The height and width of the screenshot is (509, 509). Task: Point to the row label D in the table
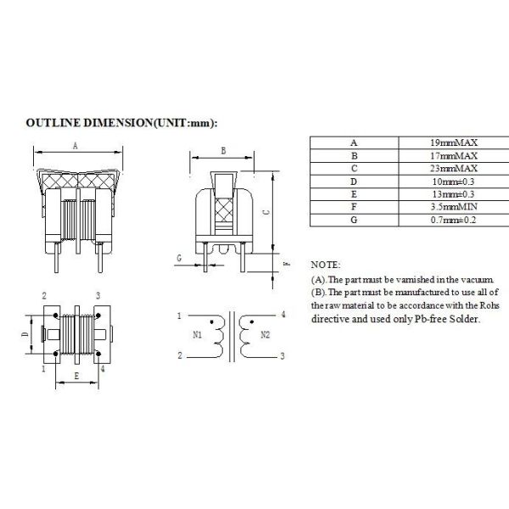[354, 181]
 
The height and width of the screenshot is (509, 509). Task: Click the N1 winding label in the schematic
[197, 335]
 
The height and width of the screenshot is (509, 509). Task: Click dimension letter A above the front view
[75, 146]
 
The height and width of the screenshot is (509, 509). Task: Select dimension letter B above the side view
[222, 150]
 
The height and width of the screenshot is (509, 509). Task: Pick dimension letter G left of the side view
[179, 256]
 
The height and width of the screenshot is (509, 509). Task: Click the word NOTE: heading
[326, 266]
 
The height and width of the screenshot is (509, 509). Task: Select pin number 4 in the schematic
[282, 315]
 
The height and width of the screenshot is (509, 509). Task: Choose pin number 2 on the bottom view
[43, 295]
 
